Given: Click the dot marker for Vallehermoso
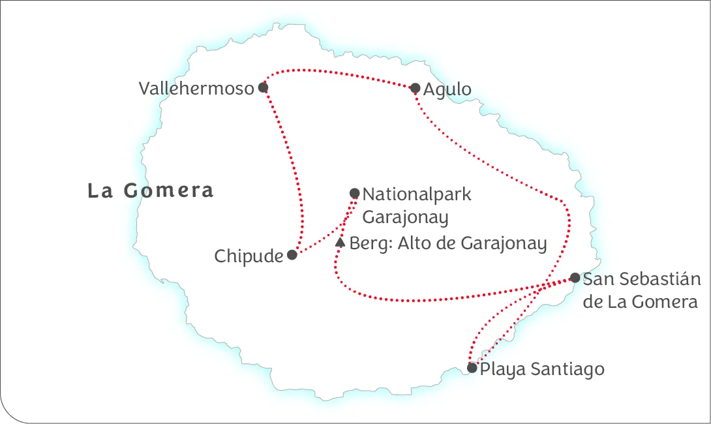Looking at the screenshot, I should tap(263, 87).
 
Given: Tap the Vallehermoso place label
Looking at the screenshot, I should tap(196, 89).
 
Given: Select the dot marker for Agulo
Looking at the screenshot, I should tap(415, 88).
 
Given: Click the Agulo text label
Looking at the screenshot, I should tap(447, 89).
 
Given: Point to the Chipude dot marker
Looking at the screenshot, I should tap(292, 255).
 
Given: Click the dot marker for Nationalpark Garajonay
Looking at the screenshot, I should tap(354, 193).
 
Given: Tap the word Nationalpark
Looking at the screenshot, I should tap(417, 194).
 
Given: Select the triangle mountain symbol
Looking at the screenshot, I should tap(340, 243).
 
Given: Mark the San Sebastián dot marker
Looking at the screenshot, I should tap(575, 278).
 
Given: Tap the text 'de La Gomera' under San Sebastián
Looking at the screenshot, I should tap(640, 302).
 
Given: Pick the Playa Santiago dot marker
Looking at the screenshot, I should tap(472, 368).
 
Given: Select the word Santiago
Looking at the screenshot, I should tap(567, 369).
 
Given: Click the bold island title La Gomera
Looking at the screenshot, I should tap(151, 190).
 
